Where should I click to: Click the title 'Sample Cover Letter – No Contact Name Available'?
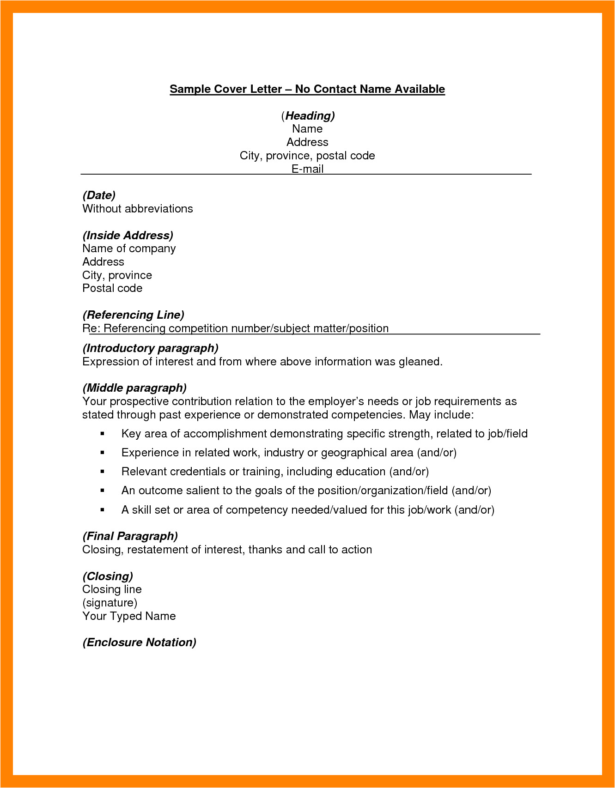click(x=307, y=89)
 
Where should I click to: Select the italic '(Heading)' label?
click(x=308, y=115)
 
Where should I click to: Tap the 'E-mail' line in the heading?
click(x=307, y=169)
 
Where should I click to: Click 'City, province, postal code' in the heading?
click(x=307, y=156)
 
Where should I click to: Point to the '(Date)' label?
click(x=99, y=195)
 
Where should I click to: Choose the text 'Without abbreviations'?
click(x=138, y=209)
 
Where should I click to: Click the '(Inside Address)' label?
click(x=128, y=236)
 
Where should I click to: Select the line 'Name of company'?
click(x=129, y=249)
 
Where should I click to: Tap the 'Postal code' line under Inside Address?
click(x=112, y=288)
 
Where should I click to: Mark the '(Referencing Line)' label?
click(x=133, y=315)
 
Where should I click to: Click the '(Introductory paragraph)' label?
click(x=150, y=348)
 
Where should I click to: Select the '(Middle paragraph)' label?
click(x=134, y=388)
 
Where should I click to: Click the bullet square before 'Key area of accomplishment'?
click(x=103, y=434)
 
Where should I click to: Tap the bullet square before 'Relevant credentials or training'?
click(x=103, y=472)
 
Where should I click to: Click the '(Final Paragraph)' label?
click(x=130, y=536)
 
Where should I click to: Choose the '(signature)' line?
click(x=110, y=603)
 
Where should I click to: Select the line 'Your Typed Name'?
click(x=129, y=616)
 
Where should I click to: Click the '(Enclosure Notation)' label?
click(x=139, y=643)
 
